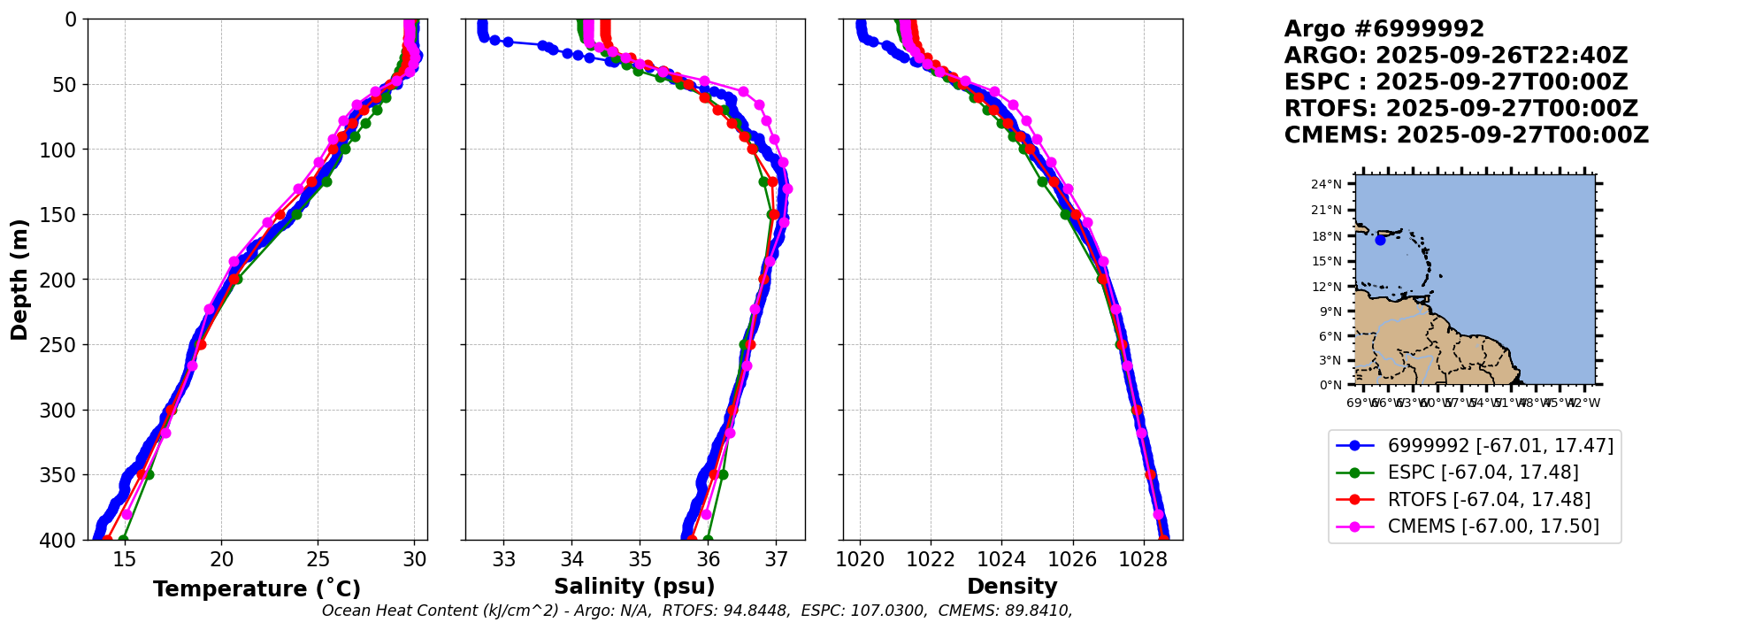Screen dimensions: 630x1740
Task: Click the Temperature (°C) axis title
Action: [x=257, y=589]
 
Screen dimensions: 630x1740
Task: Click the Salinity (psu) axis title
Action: [x=634, y=587]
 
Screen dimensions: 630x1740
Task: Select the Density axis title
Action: [x=1012, y=587]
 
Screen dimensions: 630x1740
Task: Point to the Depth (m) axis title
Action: [x=19, y=279]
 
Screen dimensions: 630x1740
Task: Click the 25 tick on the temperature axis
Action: [x=318, y=559]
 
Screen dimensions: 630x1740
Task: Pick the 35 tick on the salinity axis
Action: [x=640, y=559]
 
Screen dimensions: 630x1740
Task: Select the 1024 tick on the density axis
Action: [x=1001, y=559]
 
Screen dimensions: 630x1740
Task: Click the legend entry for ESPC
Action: [x=1483, y=472]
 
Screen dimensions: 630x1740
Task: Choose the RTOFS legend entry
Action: [x=1489, y=500]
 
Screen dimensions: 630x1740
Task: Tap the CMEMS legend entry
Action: [x=1493, y=526]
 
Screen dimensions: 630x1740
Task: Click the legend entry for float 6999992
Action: [x=1500, y=445]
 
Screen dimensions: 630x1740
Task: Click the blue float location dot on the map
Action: [x=1380, y=240]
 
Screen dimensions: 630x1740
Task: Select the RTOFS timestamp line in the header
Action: [x=1460, y=109]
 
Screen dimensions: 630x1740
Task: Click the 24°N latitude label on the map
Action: [x=1326, y=185]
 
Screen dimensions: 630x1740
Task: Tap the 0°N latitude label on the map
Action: [x=1330, y=385]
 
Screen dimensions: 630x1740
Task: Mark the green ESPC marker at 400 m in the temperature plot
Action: [x=123, y=540]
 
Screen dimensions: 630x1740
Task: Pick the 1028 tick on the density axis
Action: [x=1142, y=559]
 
